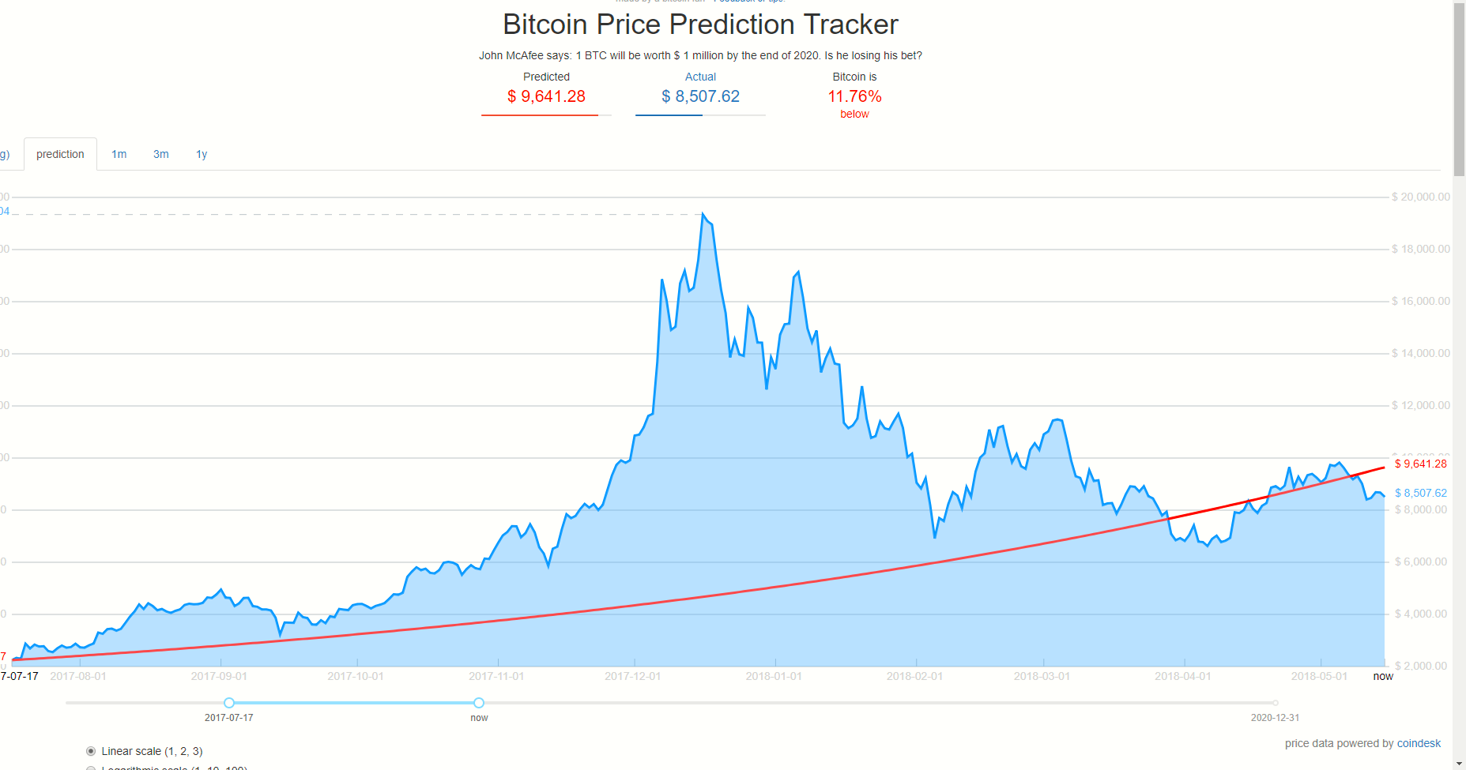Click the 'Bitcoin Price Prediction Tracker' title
[700, 24]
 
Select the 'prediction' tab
[60, 154]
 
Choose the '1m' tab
[119, 154]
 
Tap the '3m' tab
[160, 154]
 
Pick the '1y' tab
[202, 154]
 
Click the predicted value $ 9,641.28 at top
[546, 96]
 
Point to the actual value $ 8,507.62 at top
[700, 96]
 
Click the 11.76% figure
[854, 96]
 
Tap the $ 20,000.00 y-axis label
[1420, 197]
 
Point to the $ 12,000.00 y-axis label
[1420, 405]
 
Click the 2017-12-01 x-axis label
[632, 676]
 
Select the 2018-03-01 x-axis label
[1042, 676]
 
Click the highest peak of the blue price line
[703, 213]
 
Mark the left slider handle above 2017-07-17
[229, 703]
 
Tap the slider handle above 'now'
[479, 703]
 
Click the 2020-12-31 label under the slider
[1275, 718]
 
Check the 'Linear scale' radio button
[91, 751]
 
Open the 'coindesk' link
[1419, 743]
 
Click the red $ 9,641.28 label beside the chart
[1420, 464]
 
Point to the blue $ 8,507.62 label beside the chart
[1420, 493]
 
